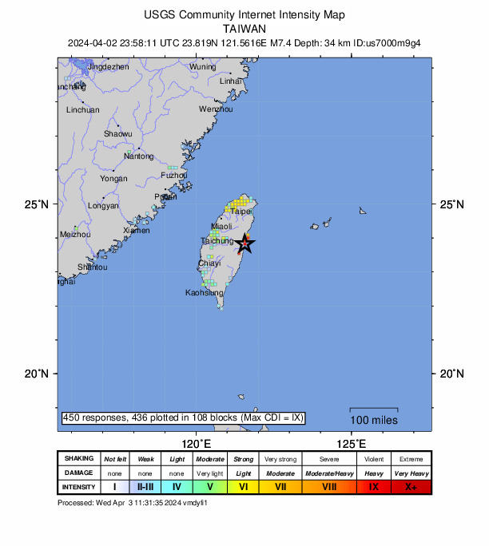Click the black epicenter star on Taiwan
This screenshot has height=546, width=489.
(245, 244)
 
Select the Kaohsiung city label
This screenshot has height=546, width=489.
(204, 293)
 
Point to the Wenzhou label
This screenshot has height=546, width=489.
(216, 109)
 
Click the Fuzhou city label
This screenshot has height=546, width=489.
(173, 175)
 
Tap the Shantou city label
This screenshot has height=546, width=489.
(93, 267)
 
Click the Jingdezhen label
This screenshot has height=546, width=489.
(108, 67)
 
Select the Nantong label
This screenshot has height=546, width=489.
(138, 156)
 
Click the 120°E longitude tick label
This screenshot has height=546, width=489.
(196, 444)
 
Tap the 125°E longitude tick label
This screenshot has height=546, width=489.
(351, 444)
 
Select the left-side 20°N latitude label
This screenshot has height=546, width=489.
(38, 374)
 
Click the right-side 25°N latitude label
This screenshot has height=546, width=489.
(451, 204)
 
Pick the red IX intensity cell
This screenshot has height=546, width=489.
(374, 486)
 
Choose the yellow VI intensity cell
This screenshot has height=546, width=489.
(244, 486)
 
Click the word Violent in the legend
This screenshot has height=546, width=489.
(374, 459)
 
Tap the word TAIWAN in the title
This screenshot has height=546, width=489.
(245, 28)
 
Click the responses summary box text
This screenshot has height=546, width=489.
(183, 418)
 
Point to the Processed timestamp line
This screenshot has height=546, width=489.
(133, 503)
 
